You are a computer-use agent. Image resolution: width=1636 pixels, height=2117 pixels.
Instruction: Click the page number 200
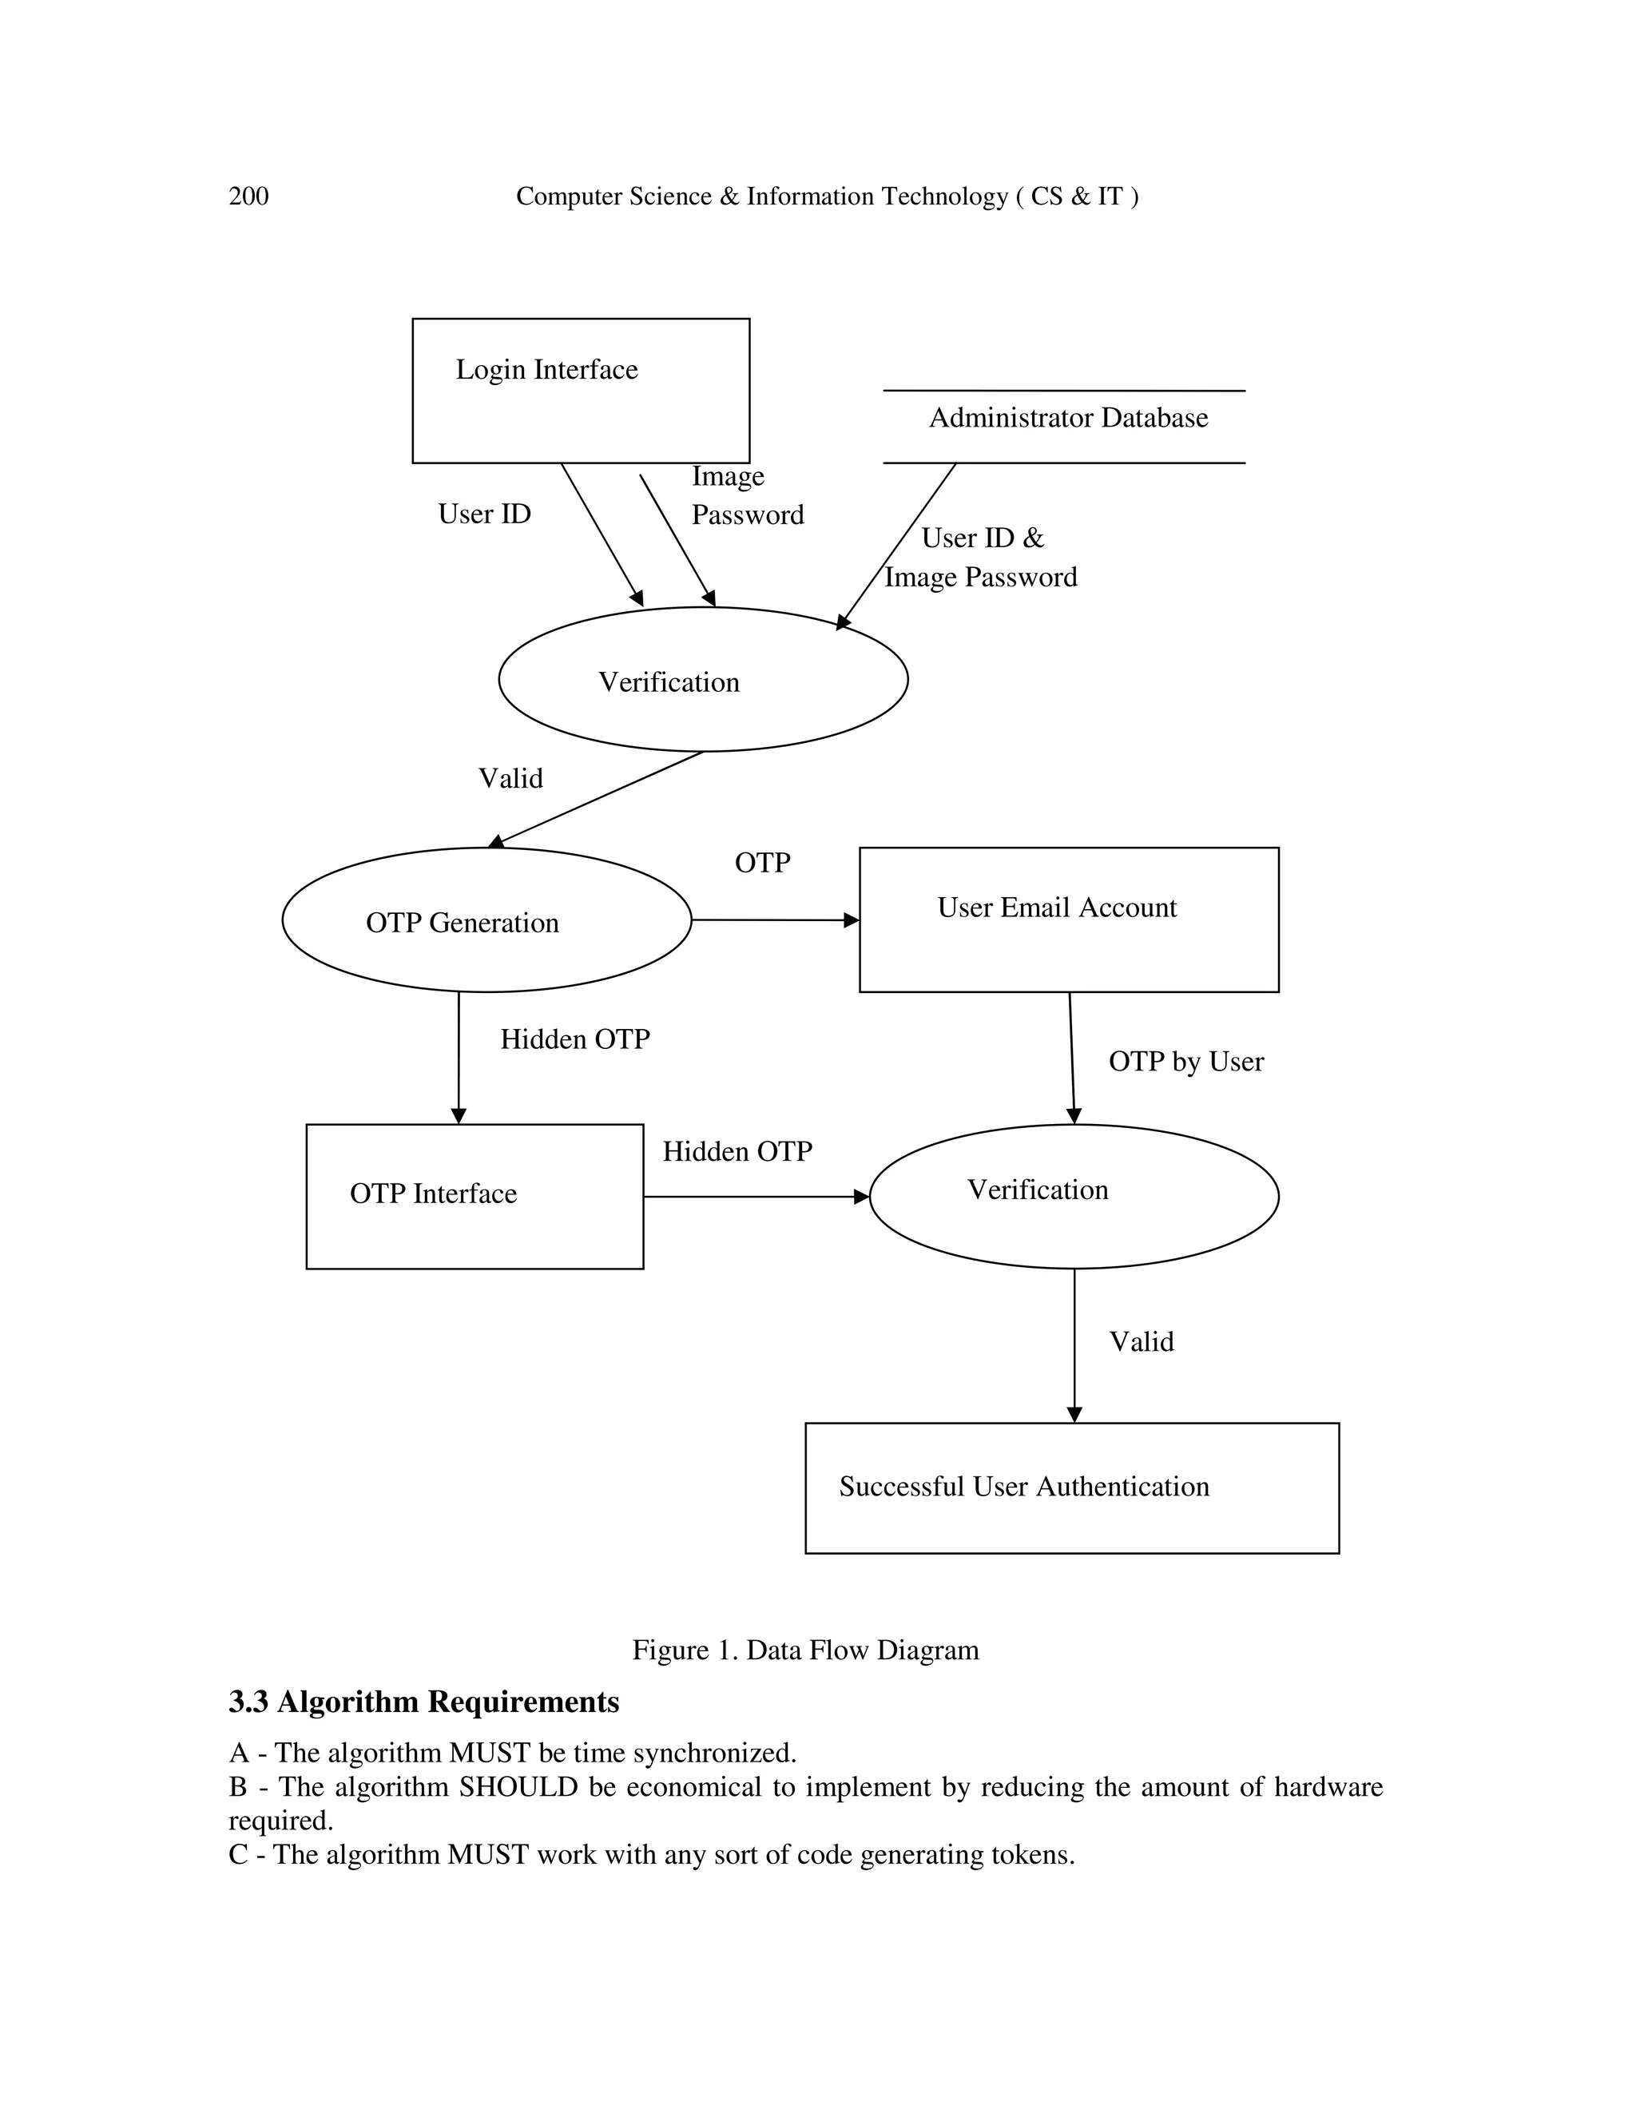click(x=248, y=197)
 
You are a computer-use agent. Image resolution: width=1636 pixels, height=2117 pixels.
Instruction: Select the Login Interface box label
click(x=546, y=369)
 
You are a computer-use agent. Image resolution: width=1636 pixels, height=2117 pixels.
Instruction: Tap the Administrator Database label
click(x=1068, y=418)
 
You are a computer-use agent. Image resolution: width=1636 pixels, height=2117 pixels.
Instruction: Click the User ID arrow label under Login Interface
click(x=485, y=514)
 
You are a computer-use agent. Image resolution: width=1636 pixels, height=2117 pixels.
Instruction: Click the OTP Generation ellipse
click(x=486, y=921)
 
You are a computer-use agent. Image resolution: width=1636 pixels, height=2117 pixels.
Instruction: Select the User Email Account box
click(x=1068, y=919)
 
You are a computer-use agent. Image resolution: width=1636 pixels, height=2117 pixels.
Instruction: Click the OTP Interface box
click(x=474, y=1195)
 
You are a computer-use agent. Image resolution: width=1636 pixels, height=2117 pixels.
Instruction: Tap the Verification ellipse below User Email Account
click(x=1073, y=1195)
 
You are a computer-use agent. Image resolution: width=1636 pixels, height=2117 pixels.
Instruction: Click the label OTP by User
click(x=1185, y=1062)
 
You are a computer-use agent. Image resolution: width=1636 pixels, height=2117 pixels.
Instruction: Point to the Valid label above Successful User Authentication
click(x=1141, y=1341)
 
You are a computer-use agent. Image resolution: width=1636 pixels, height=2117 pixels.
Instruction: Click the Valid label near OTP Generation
click(x=510, y=778)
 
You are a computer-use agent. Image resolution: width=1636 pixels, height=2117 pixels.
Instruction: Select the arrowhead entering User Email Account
click(x=852, y=919)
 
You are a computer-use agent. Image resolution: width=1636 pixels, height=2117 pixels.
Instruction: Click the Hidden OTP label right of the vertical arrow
click(x=574, y=1039)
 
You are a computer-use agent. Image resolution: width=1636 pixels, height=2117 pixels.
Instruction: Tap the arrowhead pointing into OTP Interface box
click(x=459, y=1117)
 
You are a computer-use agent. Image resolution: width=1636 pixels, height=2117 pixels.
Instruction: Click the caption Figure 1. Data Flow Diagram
click(x=805, y=1650)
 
